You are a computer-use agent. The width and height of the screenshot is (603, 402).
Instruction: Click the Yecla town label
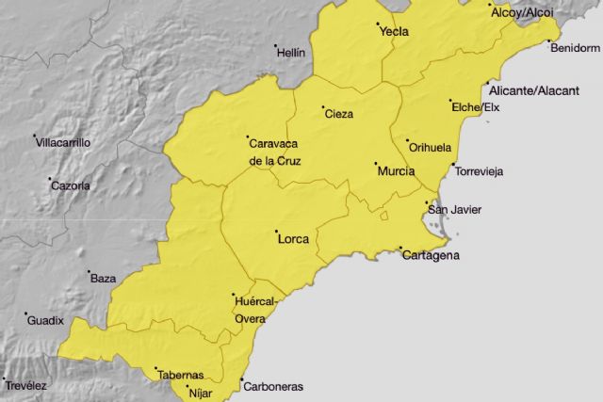point(394,32)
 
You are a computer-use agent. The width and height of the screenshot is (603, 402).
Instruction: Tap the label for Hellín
point(291,54)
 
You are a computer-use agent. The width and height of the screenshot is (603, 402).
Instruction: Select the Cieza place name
point(339,115)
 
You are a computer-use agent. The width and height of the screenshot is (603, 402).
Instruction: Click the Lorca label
point(294,239)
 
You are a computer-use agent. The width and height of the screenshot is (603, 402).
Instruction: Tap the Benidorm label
point(574,48)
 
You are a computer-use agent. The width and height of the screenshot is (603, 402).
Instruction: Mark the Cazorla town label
point(71,185)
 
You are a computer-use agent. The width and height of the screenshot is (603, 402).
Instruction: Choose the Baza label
point(102,279)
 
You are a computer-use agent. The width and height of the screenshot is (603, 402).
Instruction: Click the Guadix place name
point(45,321)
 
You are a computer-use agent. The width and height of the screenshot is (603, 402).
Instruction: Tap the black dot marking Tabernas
point(155,368)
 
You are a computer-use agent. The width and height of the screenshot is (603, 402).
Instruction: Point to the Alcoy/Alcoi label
point(521,12)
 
